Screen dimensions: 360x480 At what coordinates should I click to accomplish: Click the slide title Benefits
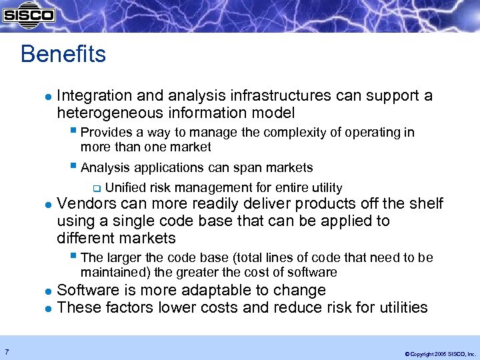click(63, 54)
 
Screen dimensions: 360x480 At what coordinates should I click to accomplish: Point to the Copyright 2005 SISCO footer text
click(436, 353)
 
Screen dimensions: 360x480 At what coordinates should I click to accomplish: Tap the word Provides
click(105, 133)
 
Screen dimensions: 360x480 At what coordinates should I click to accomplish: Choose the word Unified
click(125, 188)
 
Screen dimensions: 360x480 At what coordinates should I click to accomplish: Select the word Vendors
click(84, 204)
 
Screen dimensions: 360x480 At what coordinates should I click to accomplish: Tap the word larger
click(122, 257)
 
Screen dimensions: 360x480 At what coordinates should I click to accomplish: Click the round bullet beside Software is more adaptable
click(47, 291)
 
